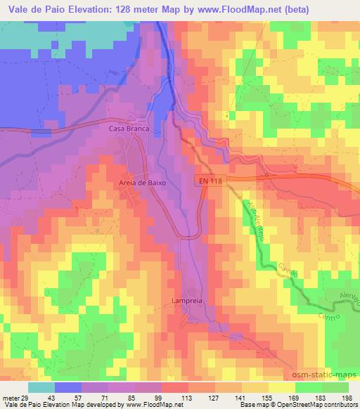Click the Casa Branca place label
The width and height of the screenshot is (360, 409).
[126, 129]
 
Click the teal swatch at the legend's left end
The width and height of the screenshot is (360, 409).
[41, 387]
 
